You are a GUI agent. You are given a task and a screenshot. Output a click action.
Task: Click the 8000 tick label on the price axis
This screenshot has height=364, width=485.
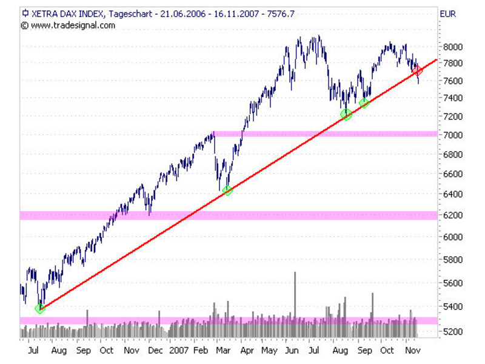[x=454, y=46]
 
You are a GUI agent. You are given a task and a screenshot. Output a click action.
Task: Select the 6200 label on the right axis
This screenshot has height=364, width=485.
[x=454, y=215]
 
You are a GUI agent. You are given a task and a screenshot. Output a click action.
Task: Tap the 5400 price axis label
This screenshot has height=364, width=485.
[x=454, y=307]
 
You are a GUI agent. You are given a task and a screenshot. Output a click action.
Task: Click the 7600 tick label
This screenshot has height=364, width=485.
[x=454, y=81]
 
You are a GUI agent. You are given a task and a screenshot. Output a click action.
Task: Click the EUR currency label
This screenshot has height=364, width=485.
[x=449, y=12]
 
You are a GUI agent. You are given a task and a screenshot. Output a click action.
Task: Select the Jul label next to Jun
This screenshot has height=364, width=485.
[x=313, y=351]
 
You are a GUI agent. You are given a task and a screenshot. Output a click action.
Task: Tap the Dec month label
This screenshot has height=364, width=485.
[x=155, y=351]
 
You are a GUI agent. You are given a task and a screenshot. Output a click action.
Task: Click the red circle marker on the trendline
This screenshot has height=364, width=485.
[x=417, y=70]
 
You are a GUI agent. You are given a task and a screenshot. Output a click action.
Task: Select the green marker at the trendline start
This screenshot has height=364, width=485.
[x=40, y=308]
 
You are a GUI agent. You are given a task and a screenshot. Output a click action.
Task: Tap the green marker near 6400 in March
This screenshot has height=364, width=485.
[x=227, y=190]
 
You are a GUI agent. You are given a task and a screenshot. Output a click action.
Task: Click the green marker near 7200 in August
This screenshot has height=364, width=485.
[x=346, y=114]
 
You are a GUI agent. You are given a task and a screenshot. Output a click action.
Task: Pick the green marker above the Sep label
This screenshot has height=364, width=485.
[x=364, y=103]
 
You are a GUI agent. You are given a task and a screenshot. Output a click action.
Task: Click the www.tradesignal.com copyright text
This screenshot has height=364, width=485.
[x=72, y=25]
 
